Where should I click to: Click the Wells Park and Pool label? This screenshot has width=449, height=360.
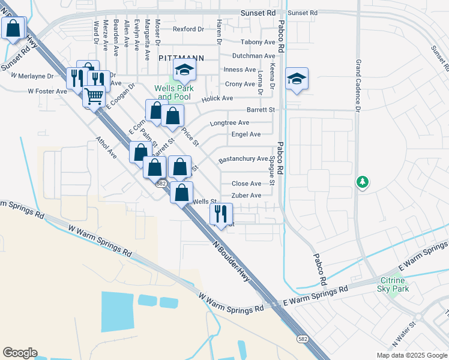pos(172,92)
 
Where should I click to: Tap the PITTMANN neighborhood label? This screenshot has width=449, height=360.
pos(182,58)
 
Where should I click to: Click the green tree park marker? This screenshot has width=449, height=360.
pos(362,181)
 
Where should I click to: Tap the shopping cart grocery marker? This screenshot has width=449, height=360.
pos(94,96)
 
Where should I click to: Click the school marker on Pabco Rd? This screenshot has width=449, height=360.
pos(297,79)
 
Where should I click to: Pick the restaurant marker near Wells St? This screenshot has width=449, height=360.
pos(221,214)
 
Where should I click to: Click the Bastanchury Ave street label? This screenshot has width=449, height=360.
pos(243,159)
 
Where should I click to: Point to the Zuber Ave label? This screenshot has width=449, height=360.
pos(247,196)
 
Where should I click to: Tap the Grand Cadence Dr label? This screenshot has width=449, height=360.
pos(358,86)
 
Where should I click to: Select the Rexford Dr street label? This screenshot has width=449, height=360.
pos(188,29)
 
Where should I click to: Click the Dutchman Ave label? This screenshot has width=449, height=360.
pos(249,56)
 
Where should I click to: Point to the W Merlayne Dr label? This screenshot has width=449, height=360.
pos(32,76)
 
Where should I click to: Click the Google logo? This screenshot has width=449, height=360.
pos(20,353)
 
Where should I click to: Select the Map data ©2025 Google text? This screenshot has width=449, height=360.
pos(411,355)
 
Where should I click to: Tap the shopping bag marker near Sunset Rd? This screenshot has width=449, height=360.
pos(13,28)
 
